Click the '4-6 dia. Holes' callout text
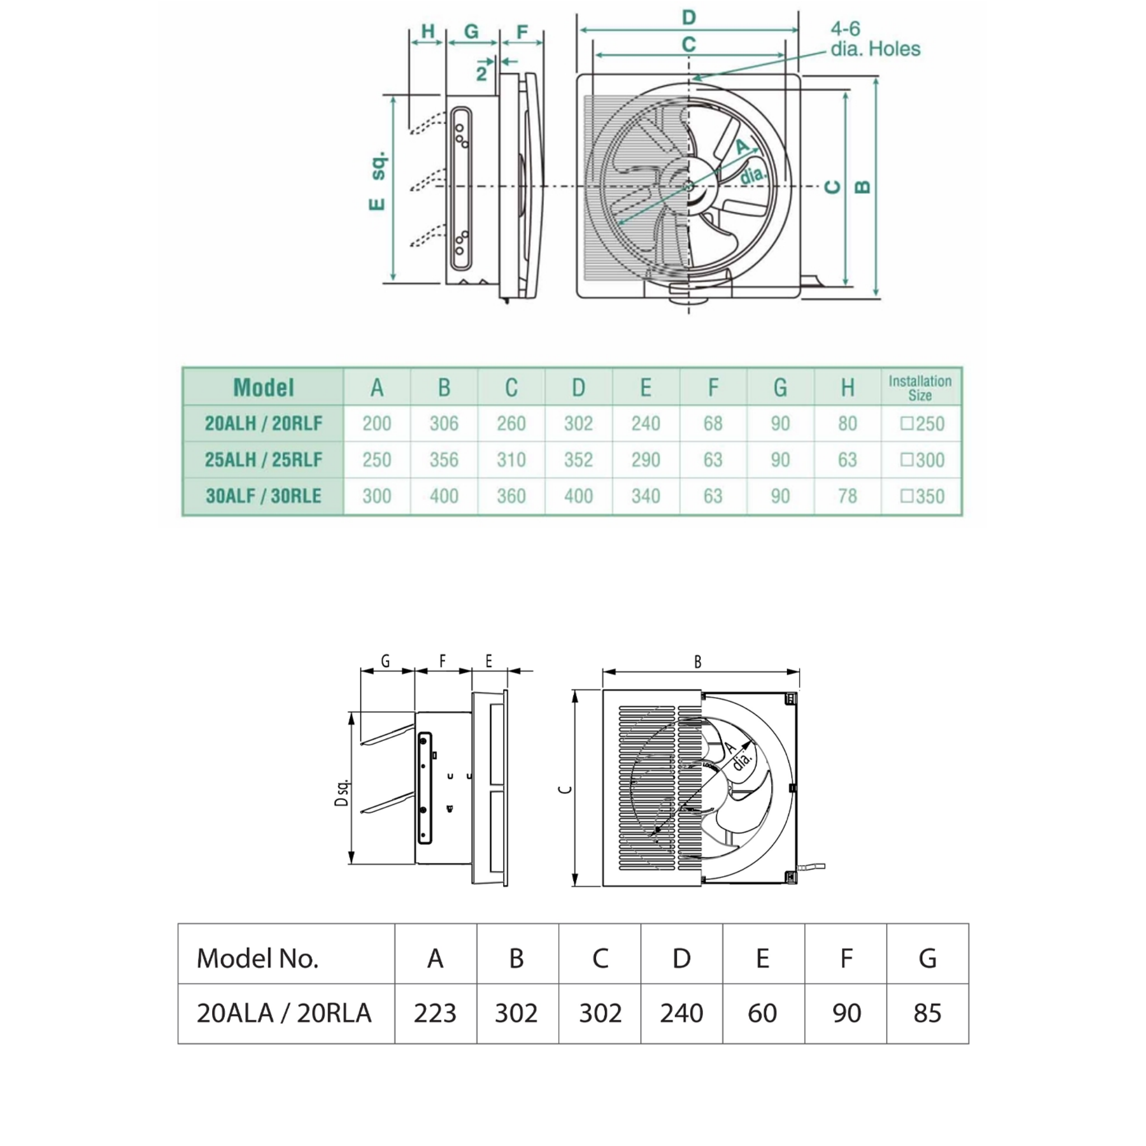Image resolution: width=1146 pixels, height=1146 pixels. pyautogui.click(x=875, y=39)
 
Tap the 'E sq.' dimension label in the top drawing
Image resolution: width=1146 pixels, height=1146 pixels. pyautogui.click(x=378, y=181)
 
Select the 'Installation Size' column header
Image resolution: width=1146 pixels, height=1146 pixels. pyautogui.click(x=919, y=388)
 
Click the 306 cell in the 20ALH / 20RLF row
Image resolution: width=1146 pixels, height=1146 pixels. pyautogui.click(x=444, y=424)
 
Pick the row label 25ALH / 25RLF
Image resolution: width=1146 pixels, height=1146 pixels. pyautogui.click(x=264, y=460)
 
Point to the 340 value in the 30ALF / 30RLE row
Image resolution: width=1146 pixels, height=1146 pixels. pyautogui.click(x=645, y=496)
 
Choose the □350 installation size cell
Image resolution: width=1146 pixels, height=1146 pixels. pyautogui.click(x=922, y=496)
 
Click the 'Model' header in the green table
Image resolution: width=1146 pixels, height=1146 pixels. pyautogui.click(x=264, y=387)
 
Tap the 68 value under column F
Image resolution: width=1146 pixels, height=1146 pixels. pyautogui.click(x=712, y=424)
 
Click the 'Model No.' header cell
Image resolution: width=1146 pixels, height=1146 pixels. pyautogui.click(x=257, y=958)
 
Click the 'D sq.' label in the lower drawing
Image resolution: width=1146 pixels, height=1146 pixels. pyautogui.click(x=342, y=792)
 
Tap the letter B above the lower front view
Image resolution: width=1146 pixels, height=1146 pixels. pyautogui.click(x=698, y=662)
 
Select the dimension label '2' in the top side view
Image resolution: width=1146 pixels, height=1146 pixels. pyautogui.click(x=481, y=73)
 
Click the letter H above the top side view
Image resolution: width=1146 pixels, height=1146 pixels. pyautogui.click(x=428, y=31)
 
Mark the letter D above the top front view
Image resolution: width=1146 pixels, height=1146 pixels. pyautogui.click(x=688, y=18)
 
